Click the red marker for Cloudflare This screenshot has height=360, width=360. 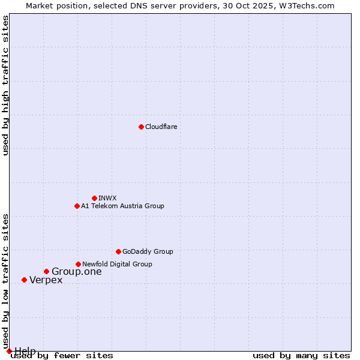point(141,127)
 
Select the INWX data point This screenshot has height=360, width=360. point(94,198)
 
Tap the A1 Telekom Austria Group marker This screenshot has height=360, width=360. point(77,206)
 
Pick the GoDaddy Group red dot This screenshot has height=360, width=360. point(118,251)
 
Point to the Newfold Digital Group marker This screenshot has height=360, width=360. point(78,264)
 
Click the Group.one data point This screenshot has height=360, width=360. point(46,272)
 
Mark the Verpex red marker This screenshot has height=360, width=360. point(24,280)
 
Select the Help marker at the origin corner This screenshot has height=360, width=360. point(9,351)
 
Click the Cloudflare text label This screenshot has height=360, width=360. point(161,127)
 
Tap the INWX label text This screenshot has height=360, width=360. point(107,198)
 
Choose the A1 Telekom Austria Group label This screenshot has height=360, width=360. point(122,206)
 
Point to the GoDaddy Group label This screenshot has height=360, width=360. point(148,251)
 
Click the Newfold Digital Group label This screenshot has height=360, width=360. point(117,264)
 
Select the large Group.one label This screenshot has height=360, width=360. point(77,272)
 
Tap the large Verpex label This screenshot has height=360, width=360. point(46,280)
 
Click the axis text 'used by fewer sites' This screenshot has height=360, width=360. point(62,355)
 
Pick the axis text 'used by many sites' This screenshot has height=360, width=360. point(301,355)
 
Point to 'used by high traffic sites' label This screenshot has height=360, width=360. point(6,85)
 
